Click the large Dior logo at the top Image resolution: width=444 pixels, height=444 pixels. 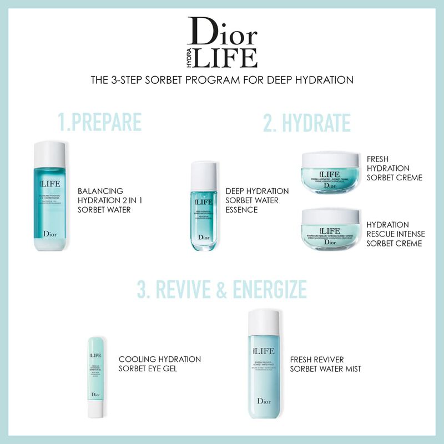pyautogui.click(x=222, y=32)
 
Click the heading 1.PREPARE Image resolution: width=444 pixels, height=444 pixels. pyautogui.click(x=100, y=123)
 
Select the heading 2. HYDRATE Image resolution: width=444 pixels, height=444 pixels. pyautogui.click(x=306, y=123)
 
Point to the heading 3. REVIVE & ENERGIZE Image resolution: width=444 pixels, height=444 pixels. pyautogui.click(x=222, y=289)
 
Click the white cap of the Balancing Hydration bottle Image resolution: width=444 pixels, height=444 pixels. pyautogui.click(x=50, y=154)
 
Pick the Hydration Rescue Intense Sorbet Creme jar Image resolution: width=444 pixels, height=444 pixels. pyautogui.click(x=330, y=228)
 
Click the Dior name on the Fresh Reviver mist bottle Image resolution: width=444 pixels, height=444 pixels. pyautogui.click(x=264, y=401)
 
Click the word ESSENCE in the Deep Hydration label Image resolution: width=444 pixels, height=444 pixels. pyautogui.click(x=242, y=210)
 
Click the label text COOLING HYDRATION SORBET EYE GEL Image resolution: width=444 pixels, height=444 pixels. pyautogui.click(x=159, y=364)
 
